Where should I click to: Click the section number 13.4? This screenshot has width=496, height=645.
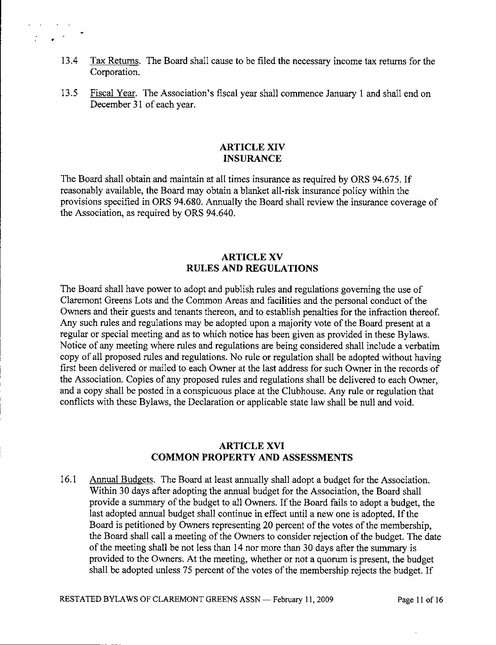coord(69,61)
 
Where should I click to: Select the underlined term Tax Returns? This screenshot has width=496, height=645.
coord(115,61)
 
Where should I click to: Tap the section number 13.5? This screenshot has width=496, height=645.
coord(69,94)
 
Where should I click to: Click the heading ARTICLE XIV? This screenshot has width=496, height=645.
coord(252,147)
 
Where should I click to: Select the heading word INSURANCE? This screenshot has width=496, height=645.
coord(252,159)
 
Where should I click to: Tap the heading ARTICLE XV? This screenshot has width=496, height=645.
coord(252,257)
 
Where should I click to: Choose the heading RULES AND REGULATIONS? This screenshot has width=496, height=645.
coord(252,269)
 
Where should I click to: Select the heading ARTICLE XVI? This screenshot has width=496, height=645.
coord(252,446)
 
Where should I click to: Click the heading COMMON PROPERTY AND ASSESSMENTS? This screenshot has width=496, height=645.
coord(252,457)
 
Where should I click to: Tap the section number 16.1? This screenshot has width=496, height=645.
coord(69,480)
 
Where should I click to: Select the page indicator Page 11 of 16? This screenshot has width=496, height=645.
coord(420,599)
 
